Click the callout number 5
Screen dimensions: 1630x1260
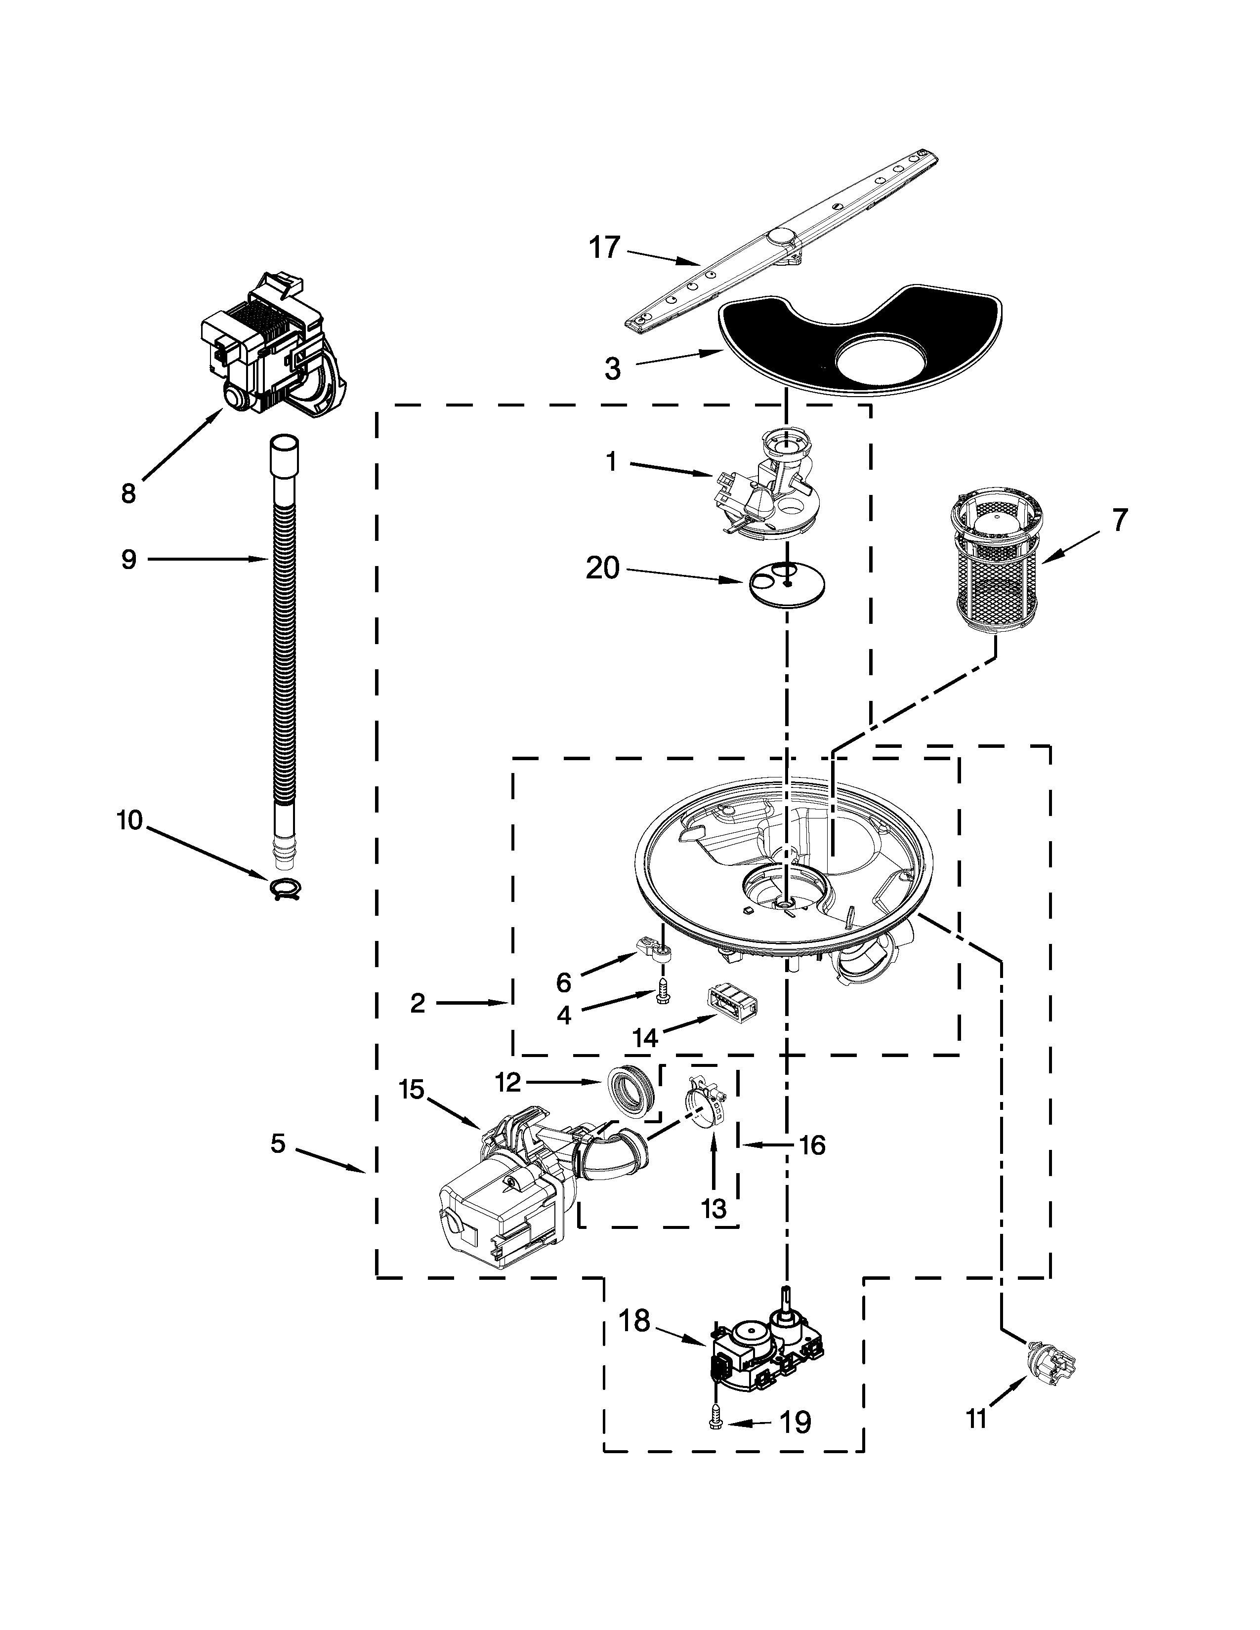click(x=278, y=1142)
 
